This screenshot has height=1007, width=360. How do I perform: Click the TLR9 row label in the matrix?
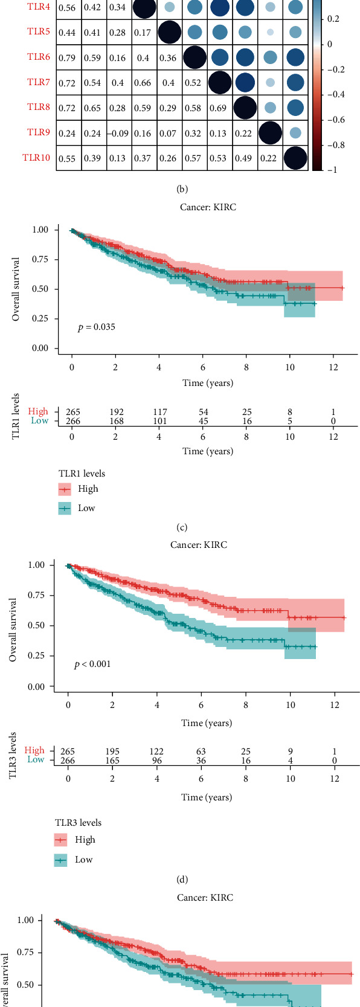point(38,132)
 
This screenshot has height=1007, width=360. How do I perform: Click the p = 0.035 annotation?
point(97,327)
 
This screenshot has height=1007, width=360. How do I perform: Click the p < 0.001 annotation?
point(92,664)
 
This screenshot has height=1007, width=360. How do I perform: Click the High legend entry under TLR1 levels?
point(88,489)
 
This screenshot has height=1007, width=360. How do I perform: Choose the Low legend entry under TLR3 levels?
point(83,860)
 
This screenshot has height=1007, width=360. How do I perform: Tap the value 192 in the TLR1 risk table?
point(115,413)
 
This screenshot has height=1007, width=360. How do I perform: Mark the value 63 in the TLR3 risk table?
point(201,752)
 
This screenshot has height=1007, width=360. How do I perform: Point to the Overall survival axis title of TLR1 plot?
point(16,289)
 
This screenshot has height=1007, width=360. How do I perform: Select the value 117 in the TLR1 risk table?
point(159,413)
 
